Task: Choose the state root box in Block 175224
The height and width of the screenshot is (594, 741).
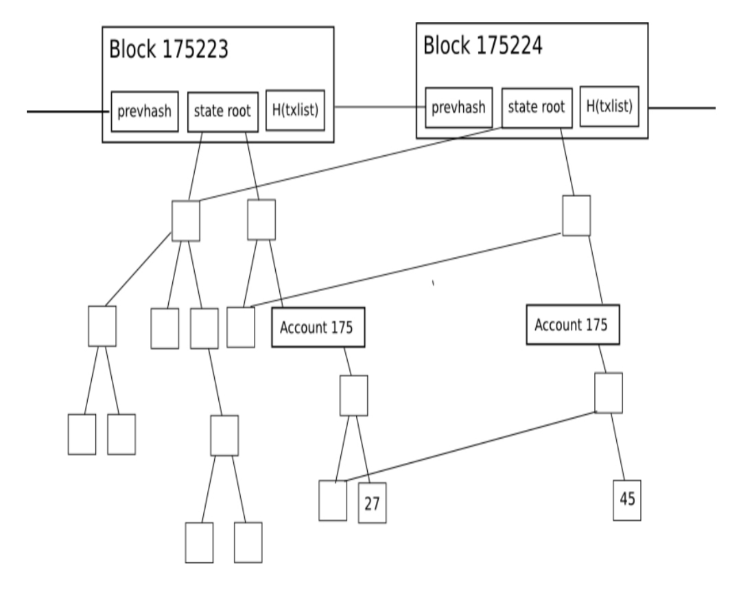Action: [x=536, y=107]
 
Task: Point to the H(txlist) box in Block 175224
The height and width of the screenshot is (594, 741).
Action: [x=610, y=106]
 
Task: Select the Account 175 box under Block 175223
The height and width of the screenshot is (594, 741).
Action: [x=317, y=328]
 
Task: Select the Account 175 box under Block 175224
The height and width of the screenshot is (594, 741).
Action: [x=572, y=325]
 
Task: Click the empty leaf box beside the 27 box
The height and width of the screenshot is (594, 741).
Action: [x=333, y=501]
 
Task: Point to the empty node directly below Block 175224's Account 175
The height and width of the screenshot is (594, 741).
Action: [x=608, y=392]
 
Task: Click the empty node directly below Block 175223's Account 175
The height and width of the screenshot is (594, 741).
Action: [x=354, y=395]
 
